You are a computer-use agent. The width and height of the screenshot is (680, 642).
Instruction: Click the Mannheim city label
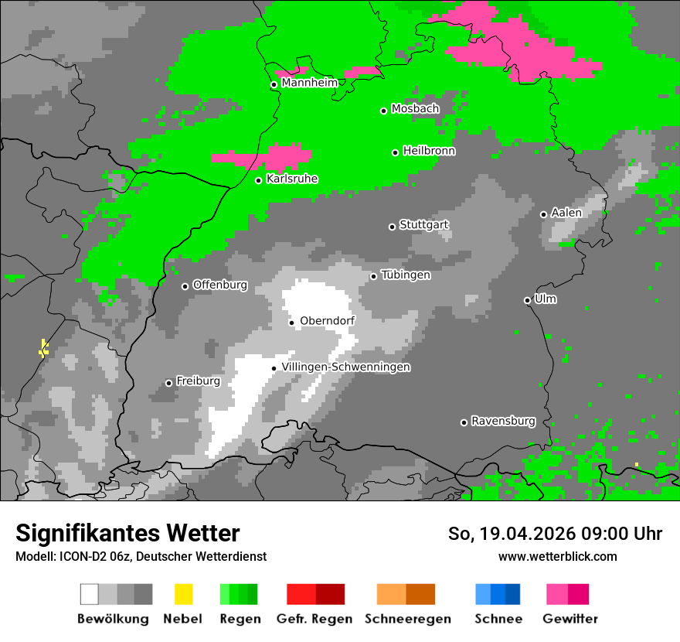pyautogui.click(x=309, y=83)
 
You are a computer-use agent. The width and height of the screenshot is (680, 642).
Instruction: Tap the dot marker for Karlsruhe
pyautogui.click(x=259, y=180)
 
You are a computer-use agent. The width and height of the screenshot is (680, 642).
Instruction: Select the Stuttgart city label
pyautogui.click(x=423, y=225)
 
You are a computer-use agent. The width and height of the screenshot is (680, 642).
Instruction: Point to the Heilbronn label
pyautogui.click(x=429, y=151)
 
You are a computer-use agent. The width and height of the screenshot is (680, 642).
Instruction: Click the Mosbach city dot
pyautogui.click(x=383, y=111)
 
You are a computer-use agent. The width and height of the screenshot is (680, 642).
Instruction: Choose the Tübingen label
pyautogui.click(x=406, y=275)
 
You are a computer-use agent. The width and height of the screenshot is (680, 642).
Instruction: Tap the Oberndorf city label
pyautogui.click(x=327, y=321)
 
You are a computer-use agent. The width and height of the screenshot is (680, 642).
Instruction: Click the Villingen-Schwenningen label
pyautogui.click(x=345, y=367)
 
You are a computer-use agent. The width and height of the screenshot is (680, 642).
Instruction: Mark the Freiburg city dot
pyautogui.click(x=168, y=383)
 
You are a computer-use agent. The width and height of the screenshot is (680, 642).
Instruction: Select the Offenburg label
pyautogui.click(x=219, y=285)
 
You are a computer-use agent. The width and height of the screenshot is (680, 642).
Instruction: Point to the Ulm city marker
pyautogui.click(x=527, y=300)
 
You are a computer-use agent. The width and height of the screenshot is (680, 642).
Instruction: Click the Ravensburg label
pyautogui.click(x=503, y=422)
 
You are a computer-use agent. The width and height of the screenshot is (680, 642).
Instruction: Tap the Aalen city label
pyautogui.click(x=566, y=213)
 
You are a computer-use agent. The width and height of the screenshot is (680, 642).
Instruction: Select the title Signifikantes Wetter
pyautogui.click(x=127, y=534)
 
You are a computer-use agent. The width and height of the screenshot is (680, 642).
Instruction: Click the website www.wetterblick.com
pyautogui.click(x=557, y=556)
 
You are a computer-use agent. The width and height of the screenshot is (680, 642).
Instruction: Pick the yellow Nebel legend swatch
pyautogui.click(x=183, y=594)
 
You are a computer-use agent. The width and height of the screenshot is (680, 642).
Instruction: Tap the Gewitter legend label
pyautogui.click(x=569, y=619)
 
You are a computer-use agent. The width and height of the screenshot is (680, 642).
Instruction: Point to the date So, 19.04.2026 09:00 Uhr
pyautogui.click(x=555, y=534)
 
